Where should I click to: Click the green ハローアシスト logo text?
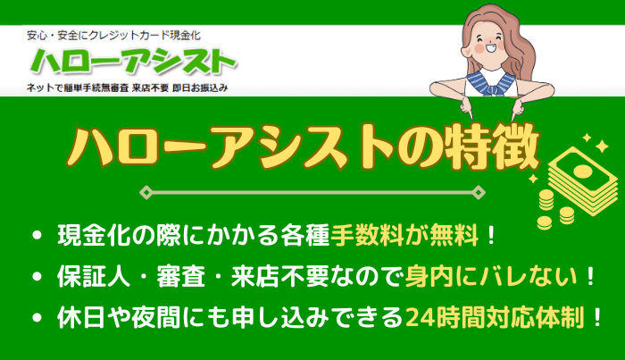(x=134, y=63)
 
